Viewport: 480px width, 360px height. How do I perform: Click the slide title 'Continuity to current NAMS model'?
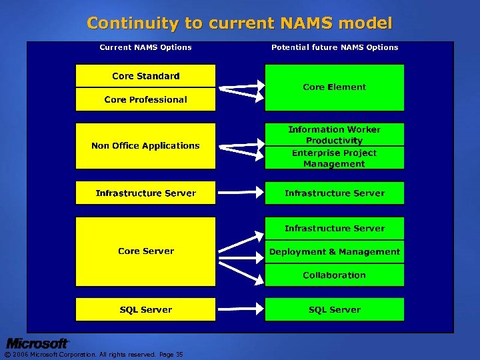[x=239, y=23]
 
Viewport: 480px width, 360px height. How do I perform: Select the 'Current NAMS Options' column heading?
[x=145, y=47]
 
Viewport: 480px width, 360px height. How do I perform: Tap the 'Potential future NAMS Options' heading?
[x=335, y=47]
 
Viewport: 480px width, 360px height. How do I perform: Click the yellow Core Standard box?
[x=145, y=76]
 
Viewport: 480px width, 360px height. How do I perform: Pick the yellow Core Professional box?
[x=145, y=99]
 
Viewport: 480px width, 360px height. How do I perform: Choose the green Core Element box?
[x=335, y=87]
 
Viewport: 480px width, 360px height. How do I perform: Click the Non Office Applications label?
[x=145, y=145]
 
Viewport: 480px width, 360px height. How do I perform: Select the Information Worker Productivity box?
[x=335, y=135]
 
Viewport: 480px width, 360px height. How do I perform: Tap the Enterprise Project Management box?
[x=335, y=158]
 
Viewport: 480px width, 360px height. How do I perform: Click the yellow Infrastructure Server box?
[x=145, y=193]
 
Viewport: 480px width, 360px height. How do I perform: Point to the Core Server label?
[x=145, y=251]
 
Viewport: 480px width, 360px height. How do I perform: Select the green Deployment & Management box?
[x=335, y=252]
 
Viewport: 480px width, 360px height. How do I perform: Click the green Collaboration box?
[x=335, y=275]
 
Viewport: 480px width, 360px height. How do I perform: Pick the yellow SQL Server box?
[x=145, y=309]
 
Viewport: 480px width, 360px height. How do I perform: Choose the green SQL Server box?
[x=335, y=309]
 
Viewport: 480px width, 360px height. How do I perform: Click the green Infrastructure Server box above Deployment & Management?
[x=335, y=228]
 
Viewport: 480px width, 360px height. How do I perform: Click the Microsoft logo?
[x=37, y=343]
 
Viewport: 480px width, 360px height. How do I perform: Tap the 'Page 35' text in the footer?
[x=171, y=355]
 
